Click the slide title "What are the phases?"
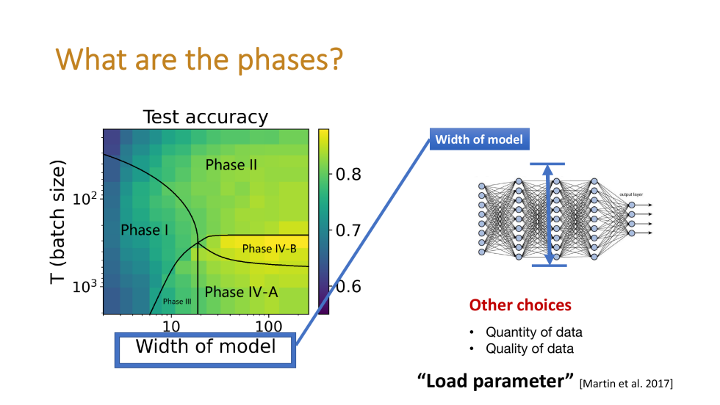(201, 59)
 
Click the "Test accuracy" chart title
(205, 117)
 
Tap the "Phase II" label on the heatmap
(231, 164)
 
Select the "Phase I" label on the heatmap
(145, 230)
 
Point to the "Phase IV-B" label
(269, 249)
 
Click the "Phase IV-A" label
(241, 292)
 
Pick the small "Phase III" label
(177, 302)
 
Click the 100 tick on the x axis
(269, 326)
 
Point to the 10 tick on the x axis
(170, 326)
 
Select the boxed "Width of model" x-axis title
(206, 346)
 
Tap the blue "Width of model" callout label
(479, 139)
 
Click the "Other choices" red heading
(520, 304)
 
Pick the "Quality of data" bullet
(529, 349)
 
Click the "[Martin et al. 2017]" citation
(626, 384)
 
